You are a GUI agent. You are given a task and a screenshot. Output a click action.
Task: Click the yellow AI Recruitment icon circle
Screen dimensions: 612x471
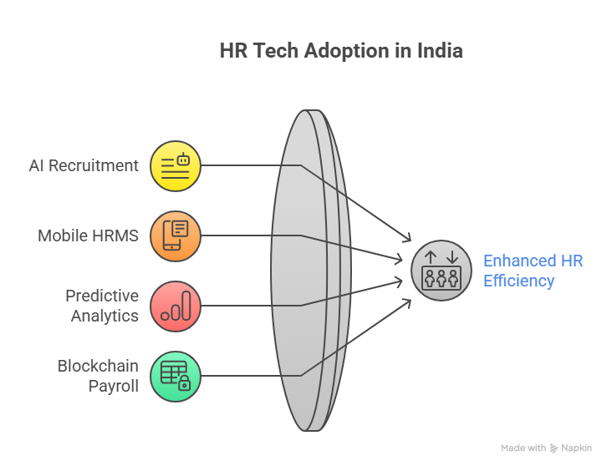point(176,166)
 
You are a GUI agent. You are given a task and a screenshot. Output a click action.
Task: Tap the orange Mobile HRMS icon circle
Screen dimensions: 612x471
point(176,236)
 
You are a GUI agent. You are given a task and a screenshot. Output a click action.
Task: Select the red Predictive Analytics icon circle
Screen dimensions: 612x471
point(176,306)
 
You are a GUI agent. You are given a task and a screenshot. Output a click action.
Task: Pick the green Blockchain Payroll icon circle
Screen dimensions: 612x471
point(176,377)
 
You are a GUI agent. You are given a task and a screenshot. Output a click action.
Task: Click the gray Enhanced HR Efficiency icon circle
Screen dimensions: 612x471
point(441,271)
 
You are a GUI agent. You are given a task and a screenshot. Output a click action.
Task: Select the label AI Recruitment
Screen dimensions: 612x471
point(84,165)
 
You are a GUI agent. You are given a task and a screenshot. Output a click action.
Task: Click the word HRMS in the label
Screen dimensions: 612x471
point(116,235)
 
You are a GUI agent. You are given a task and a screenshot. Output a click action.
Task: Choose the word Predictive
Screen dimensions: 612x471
point(102,296)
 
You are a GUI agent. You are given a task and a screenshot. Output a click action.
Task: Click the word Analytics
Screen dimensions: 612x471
point(105,316)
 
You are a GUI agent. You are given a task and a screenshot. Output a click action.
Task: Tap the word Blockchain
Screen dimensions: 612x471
point(98,366)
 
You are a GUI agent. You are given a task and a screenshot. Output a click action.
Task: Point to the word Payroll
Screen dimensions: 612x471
point(114,387)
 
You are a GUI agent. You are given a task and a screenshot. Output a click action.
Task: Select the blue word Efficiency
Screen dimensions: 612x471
point(518,281)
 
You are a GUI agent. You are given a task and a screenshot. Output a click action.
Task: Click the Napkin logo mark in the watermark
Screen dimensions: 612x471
point(553,448)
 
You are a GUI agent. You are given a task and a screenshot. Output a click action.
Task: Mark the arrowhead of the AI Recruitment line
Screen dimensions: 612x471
point(407,238)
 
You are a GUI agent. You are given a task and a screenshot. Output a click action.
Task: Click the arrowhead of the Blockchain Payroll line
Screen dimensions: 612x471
point(407,303)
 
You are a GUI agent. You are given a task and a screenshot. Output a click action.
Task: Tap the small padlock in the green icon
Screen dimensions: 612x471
point(184,383)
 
